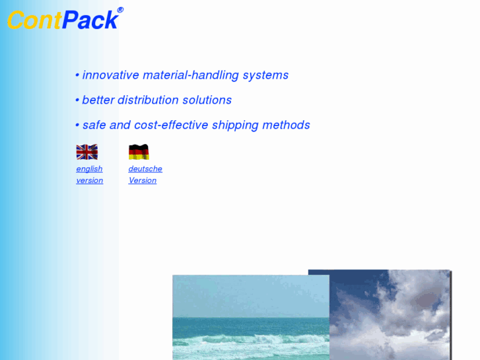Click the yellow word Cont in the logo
click(x=34, y=20)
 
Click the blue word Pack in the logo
click(x=90, y=20)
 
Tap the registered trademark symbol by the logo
click(x=120, y=10)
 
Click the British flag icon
click(x=86, y=152)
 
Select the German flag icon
click(x=139, y=152)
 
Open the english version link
click(x=90, y=174)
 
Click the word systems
click(x=265, y=75)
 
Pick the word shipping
click(x=235, y=126)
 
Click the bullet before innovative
click(x=77, y=75)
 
